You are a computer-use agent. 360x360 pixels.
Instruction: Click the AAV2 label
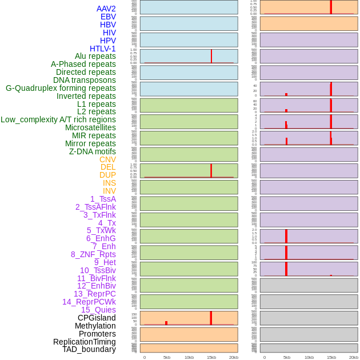tap(106, 9)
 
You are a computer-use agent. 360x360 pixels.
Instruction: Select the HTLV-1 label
tap(102, 49)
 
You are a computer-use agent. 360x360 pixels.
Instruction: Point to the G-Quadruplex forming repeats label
tap(61, 88)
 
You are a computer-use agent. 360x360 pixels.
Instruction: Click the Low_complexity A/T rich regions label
tap(58, 119)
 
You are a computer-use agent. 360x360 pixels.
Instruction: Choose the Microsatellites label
tap(90, 127)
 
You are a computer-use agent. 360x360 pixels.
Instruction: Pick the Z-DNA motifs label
tap(92, 151)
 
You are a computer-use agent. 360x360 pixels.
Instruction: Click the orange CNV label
tap(107, 159)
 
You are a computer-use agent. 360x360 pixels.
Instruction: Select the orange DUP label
tap(107, 175)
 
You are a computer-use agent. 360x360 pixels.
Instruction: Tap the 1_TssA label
tap(103, 199)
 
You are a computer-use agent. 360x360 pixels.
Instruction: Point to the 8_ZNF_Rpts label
tap(93, 254)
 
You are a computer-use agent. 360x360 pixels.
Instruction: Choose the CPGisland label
tap(97, 318)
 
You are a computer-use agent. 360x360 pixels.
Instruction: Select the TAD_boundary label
tap(89, 349)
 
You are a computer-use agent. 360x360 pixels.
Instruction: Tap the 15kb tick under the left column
tap(211, 357)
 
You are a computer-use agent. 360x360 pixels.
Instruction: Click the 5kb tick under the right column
tap(286, 357)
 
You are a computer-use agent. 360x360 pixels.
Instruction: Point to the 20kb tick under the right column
tap(353, 357)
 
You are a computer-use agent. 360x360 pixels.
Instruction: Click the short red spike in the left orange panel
tap(166, 323)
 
